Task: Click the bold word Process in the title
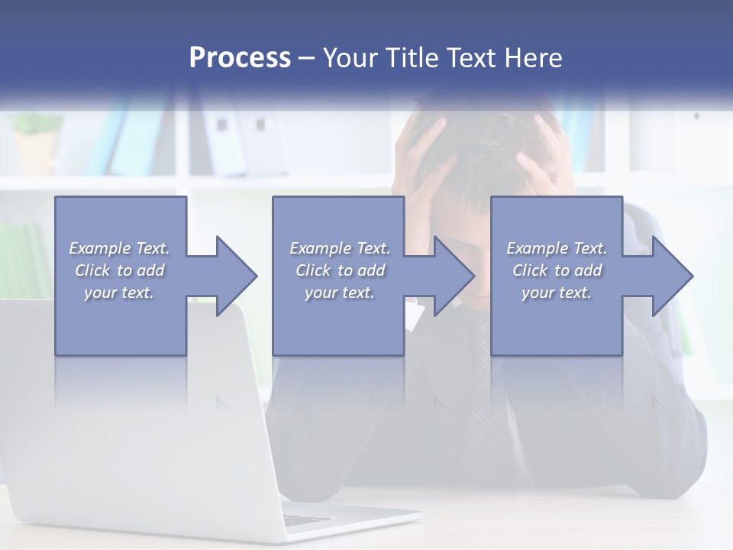pos(240,58)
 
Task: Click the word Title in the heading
pos(408,58)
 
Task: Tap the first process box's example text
pos(119,270)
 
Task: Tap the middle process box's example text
pos(340,270)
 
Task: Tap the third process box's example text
pos(557,270)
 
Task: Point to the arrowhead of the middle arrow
pos(454,276)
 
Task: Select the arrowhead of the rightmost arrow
pos(671,276)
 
